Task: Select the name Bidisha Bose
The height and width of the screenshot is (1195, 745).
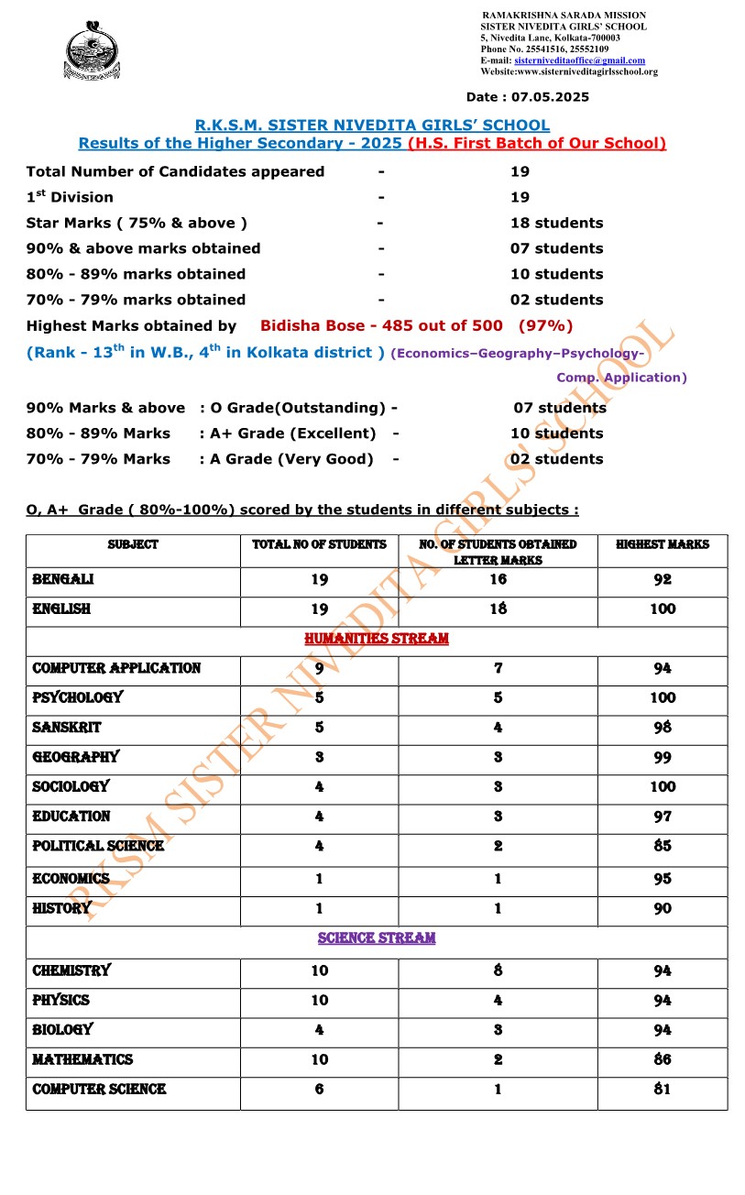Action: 302,325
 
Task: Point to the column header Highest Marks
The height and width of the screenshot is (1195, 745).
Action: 662,544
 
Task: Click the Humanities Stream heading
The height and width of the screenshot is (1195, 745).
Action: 377,639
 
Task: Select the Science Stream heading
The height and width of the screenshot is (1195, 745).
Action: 377,938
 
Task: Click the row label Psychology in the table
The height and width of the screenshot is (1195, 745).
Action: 77,697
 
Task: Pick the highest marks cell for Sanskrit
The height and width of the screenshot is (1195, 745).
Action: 662,728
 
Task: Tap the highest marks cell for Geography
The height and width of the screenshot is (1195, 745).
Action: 662,757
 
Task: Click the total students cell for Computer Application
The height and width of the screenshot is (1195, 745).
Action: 319,668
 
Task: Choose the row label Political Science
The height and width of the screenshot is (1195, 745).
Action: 98,846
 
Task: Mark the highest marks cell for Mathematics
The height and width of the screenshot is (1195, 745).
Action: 662,1059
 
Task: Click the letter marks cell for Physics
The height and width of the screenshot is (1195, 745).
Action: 498,1000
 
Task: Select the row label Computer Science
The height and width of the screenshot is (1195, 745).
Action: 99,1089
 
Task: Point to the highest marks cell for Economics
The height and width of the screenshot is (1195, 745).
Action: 662,879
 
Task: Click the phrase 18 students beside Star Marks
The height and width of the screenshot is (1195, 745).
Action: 556,223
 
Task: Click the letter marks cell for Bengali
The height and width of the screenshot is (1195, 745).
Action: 498,579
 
